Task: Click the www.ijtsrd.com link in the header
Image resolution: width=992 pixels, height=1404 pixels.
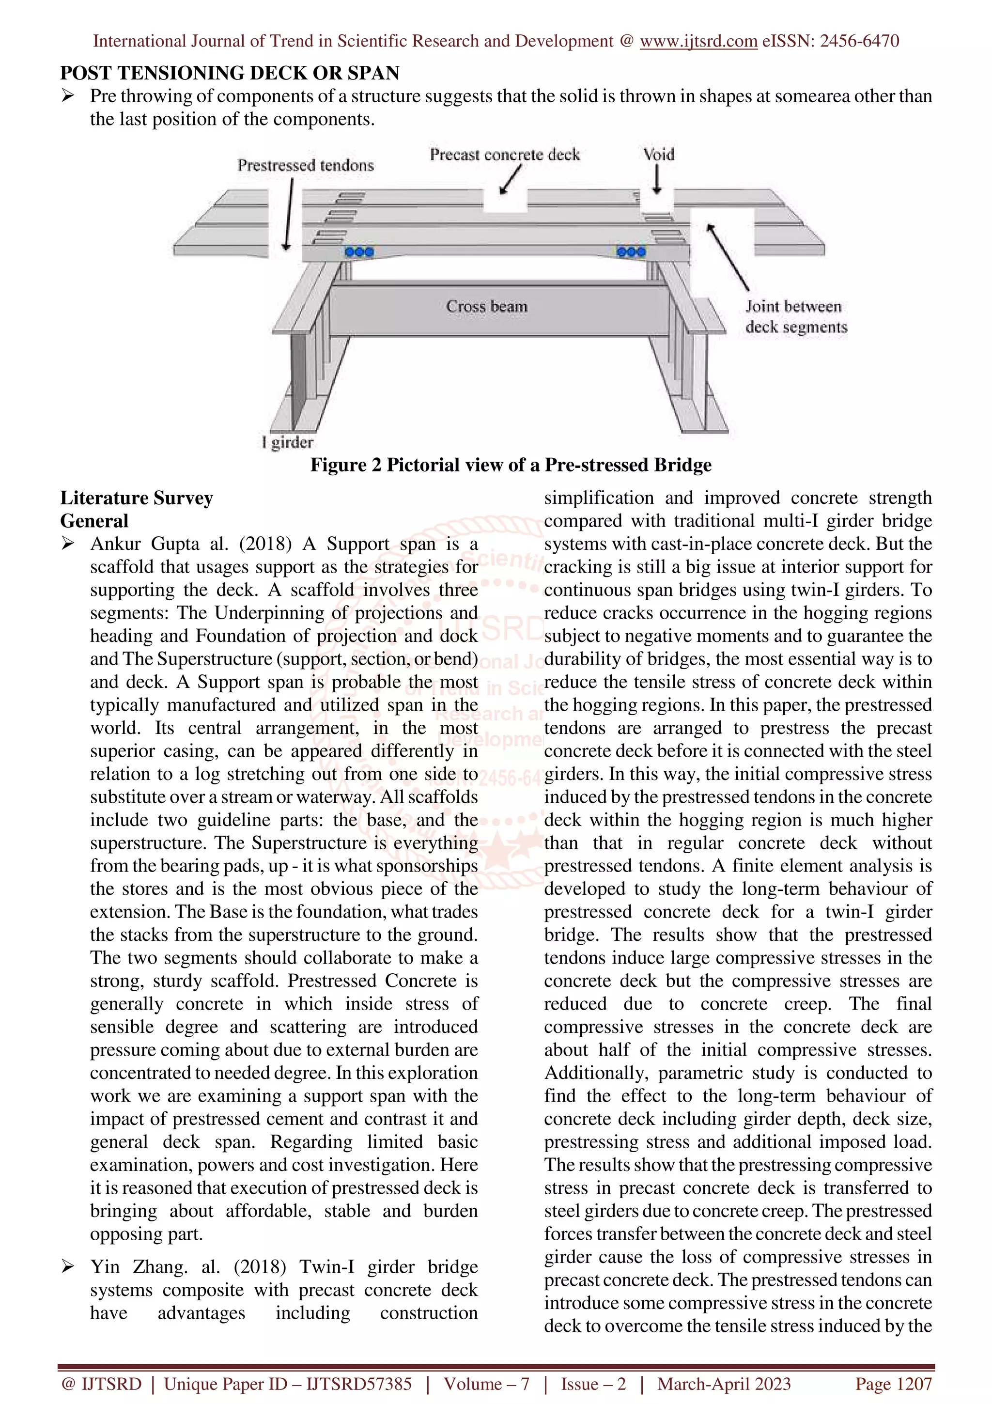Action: point(698,41)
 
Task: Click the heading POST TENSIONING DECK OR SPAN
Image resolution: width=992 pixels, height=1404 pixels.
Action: point(229,73)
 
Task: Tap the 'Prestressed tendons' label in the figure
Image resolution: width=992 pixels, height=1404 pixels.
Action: point(306,165)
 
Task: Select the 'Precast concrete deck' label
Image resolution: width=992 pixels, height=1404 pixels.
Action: point(504,154)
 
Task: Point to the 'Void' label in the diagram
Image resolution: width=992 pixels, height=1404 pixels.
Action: point(658,154)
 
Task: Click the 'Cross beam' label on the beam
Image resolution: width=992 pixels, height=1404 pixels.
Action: point(486,306)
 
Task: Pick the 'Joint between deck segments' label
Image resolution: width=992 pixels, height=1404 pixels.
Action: point(796,316)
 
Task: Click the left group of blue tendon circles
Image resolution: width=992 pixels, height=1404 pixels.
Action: point(359,252)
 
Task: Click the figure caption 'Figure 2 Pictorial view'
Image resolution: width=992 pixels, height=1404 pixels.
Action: point(511,465)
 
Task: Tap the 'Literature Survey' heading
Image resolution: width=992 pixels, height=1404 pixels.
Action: point(136,498)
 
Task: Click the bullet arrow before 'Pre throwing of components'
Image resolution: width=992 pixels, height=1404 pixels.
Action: point(68,96)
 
